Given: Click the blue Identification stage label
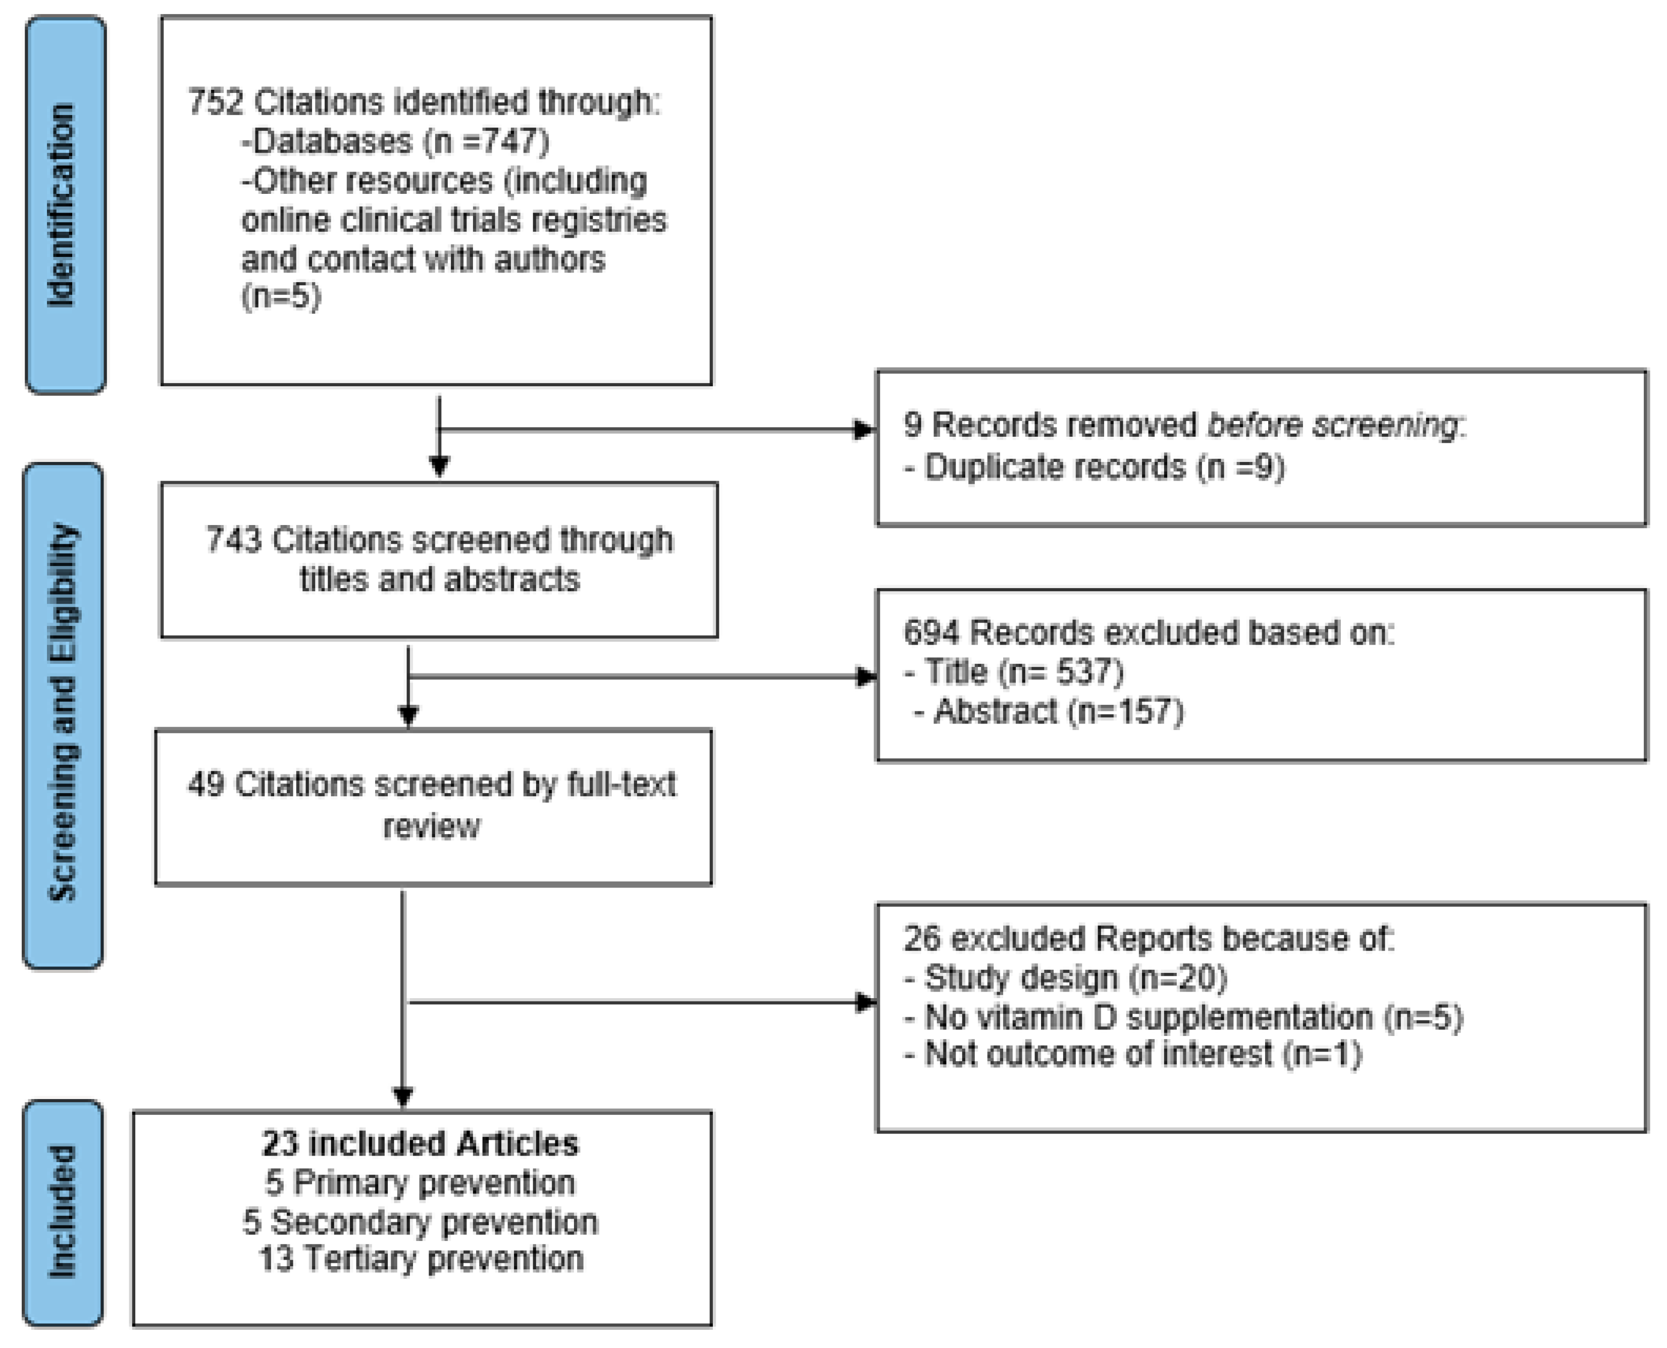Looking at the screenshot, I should [x=65, y=204].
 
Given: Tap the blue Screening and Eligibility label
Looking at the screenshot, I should [x=63, y=715].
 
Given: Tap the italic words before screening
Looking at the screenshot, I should [x=1332, y=425].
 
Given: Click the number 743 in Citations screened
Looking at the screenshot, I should [x=234, y=540].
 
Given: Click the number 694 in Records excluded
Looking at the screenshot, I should [x=932, y=633].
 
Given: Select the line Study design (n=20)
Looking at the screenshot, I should [x=1065, y=977].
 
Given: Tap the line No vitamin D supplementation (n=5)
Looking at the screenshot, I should [x=1184, y=1016].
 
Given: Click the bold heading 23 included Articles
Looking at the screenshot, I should [x=420, y=1144].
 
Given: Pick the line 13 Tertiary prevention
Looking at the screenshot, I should [x=420, y=1259].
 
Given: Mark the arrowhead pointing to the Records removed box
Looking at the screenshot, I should [x=863, y=430].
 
